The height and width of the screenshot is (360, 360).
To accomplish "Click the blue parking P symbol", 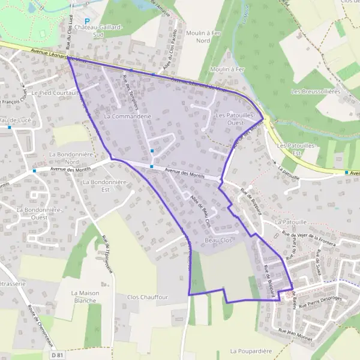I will [x=87, y=20].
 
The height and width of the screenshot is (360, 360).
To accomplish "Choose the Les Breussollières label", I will [x=315, y=91].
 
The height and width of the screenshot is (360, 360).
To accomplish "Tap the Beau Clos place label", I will [x=218, y=240].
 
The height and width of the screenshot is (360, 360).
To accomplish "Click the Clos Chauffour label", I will [x=148, y=297].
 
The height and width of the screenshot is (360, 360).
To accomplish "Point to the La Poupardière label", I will [x=251, y=350].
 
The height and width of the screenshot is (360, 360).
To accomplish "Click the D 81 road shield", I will [x=58, y=356].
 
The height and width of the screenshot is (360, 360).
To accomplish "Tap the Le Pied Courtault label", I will [x=55, y=93].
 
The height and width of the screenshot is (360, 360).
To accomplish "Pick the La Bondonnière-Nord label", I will [x=64, y=158].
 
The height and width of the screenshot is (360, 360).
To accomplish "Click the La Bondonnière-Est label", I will [x=98, y=185].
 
